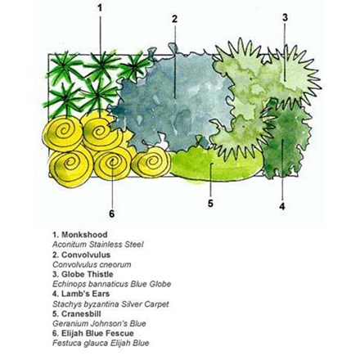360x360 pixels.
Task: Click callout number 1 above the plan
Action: [100, 8]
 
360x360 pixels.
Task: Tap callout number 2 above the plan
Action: [174, 19]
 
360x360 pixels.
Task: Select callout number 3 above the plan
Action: [285, 17]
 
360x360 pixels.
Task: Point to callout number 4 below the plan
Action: [282, 206]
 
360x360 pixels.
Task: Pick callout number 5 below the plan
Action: [210, 203]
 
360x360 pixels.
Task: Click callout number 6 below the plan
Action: [111, 214]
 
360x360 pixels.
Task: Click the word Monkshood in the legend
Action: [84, 235]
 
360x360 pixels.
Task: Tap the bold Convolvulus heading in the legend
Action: [86, 254]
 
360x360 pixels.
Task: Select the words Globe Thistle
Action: [88, 274]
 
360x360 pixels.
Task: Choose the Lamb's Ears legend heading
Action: [85, 294]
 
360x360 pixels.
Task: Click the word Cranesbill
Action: [81, 313]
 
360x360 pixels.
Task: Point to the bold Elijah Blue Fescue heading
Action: [97, 333]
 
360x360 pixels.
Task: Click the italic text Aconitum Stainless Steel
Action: [98, 245]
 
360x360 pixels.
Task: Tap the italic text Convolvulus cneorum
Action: [92, 264]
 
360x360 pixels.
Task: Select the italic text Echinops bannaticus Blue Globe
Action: [112, 284]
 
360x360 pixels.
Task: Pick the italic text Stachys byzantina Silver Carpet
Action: [110, 304]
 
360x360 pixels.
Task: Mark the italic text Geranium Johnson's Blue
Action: [99, 324]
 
